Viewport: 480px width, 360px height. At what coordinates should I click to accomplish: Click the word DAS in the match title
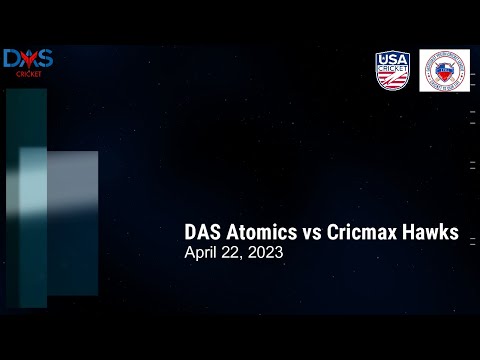pyautogui.click(x=204, y=232)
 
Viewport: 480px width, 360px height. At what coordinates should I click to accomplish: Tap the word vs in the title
pyautogui.click(x=312, y=232)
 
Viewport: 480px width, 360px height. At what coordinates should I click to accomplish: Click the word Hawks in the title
pyautogui.click(x=429, y=232)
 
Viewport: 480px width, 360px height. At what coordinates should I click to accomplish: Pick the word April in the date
pyautogui.click(x=203, y=253)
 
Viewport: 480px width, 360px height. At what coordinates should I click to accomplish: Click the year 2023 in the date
pyautogui.click(x=264, y=253)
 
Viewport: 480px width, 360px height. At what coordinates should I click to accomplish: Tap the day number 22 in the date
pyautogui.click(x=234, y=253)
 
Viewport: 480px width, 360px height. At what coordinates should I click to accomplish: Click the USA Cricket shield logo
pyautogui.click(x=392, y=71)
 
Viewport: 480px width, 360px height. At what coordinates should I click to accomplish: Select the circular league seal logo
pyautogui.click(x=445, y=71)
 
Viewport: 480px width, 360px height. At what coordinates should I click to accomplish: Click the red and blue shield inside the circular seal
pyautogui.click(x=445, y=71)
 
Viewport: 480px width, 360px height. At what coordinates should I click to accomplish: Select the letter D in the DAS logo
pyautogui.click(x=12, y=59)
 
